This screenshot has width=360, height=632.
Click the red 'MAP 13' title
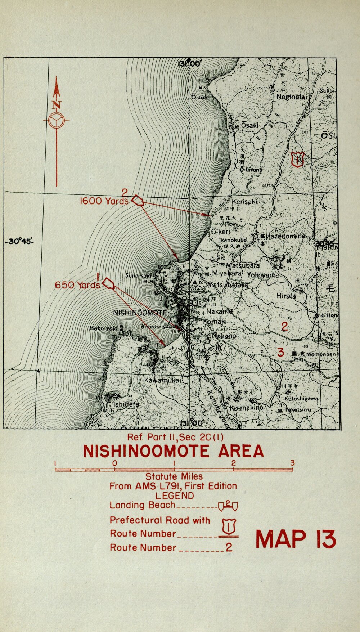296,539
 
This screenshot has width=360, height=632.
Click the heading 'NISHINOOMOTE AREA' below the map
173,451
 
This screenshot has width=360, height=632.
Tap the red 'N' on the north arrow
57,105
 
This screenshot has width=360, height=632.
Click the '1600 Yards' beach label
104,201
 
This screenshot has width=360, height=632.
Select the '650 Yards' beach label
77,285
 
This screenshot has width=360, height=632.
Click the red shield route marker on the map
298,159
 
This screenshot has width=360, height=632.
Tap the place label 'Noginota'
291,97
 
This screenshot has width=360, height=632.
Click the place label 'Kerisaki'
244,202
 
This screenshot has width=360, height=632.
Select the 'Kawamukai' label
162,380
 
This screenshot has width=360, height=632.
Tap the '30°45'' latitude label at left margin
20,241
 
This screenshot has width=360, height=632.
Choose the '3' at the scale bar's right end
292,463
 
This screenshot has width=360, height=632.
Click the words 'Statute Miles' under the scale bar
174,476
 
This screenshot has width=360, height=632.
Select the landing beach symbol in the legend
228,506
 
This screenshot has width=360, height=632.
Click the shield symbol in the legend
229,527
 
